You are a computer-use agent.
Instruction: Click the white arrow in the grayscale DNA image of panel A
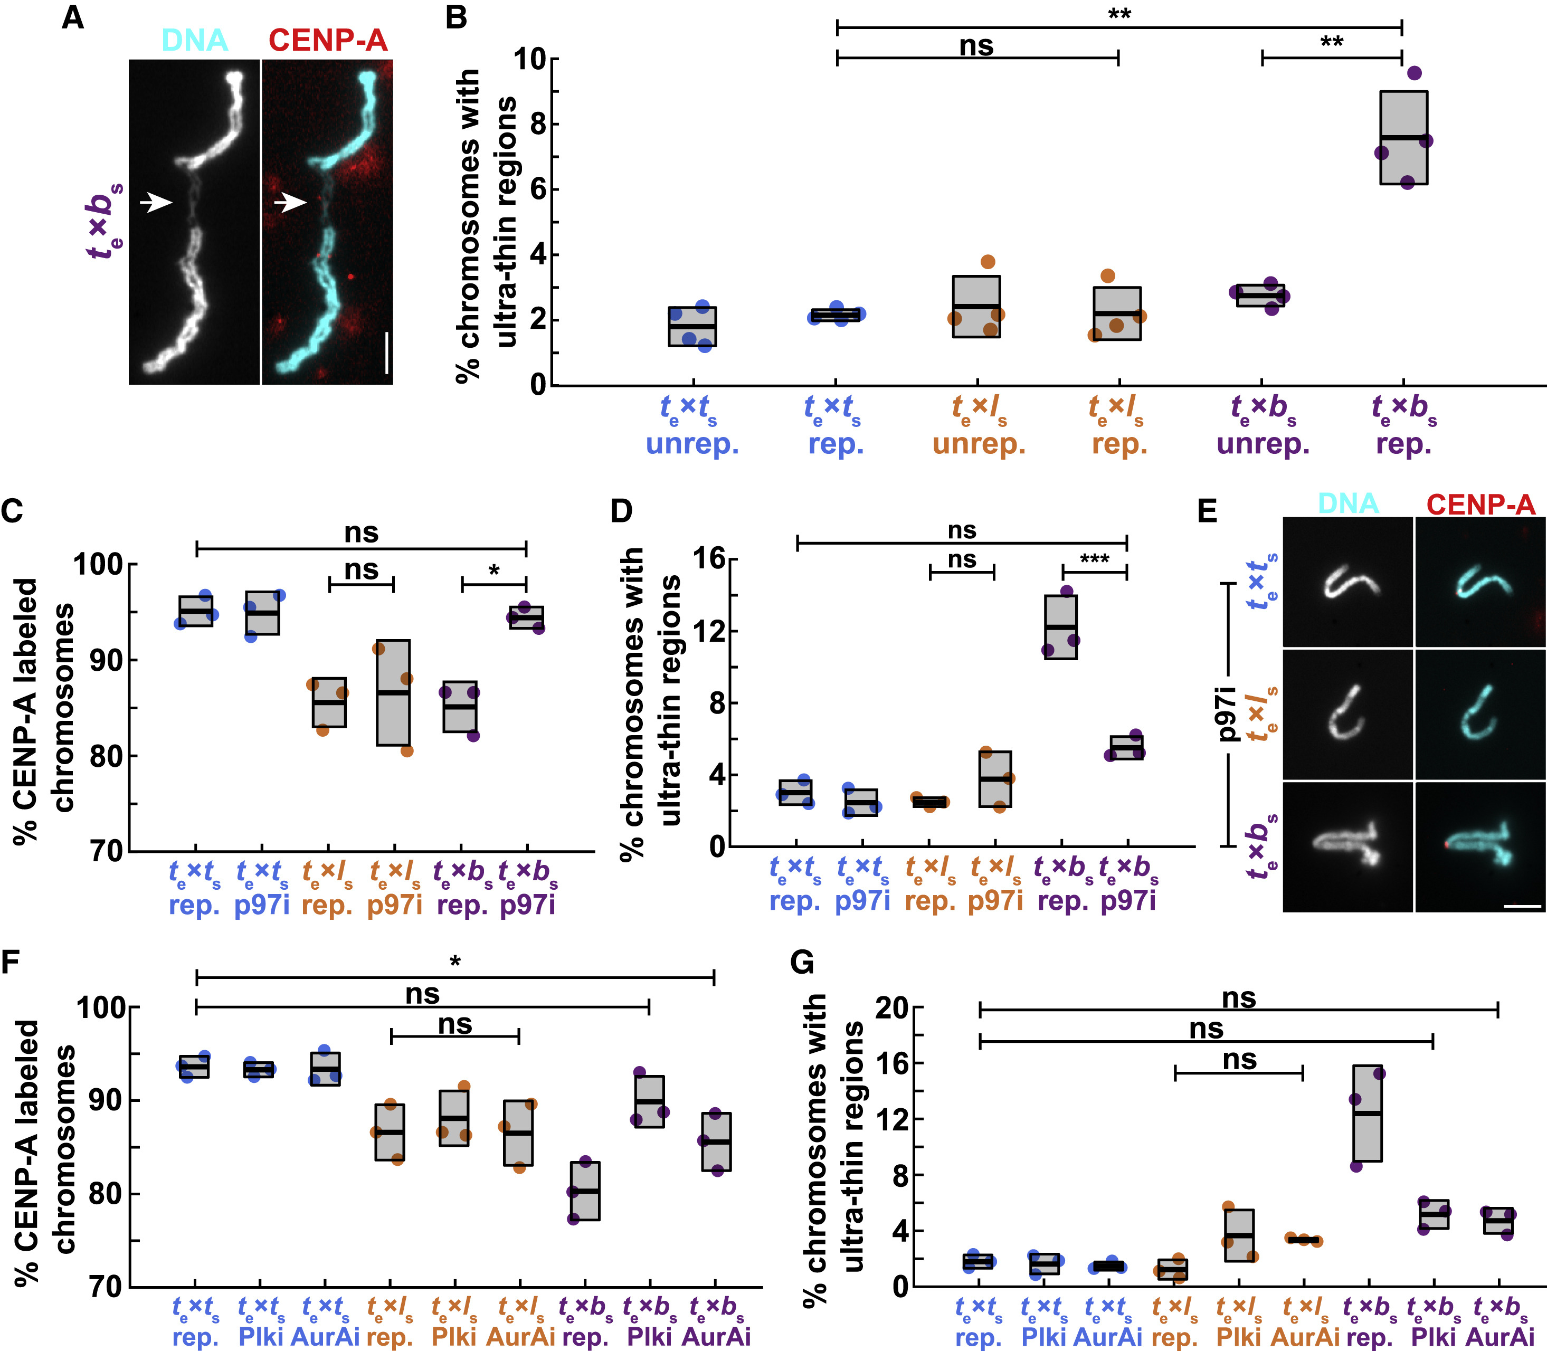coord(157,202)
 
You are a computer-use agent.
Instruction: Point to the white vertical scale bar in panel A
coord(387,352)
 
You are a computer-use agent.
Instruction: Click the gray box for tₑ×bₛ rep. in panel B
coord(1404,137)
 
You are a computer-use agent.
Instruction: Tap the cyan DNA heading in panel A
coord(195,40)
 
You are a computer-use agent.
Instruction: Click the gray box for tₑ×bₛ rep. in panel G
coord(1367,1114)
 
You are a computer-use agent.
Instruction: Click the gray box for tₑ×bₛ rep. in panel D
coord(1061,627)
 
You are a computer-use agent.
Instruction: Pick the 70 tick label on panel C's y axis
coord(106,851)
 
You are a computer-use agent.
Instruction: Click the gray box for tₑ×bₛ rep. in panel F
coord(585,1191)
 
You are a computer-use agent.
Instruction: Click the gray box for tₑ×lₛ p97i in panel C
coord(394,692)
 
